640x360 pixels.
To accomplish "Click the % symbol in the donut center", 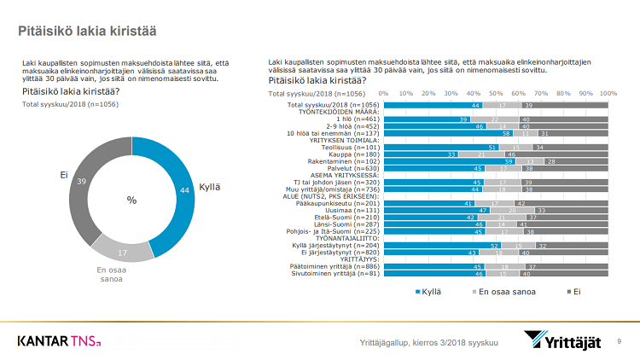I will (131, 200).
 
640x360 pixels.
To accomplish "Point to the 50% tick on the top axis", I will (496, 92).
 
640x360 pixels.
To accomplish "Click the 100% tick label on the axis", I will (608, 92).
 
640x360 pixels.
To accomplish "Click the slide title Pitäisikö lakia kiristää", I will (87, 31).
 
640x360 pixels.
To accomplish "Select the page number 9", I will (619, 341).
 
